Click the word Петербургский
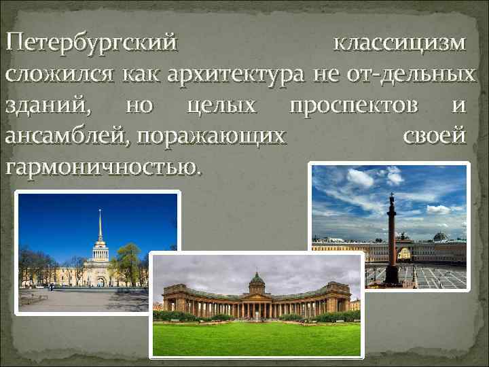coord(91,44)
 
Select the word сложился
coord(61,74)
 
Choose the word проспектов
coord(359,105)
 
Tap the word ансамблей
coord(67,135)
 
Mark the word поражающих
coord(211,135)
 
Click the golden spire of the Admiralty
coord(100,228)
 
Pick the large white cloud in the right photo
coord(360,178)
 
